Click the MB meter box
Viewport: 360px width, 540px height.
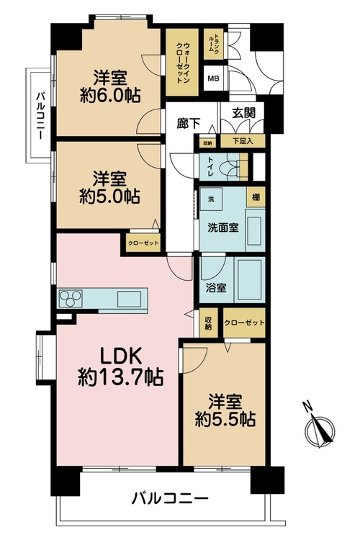point(213,78)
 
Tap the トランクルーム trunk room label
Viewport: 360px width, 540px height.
point(214,45)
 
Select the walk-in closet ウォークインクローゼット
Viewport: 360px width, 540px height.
point(182,63)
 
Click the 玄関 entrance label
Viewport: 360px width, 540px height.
point(243,112)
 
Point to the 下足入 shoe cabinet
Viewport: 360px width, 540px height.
point(243,141)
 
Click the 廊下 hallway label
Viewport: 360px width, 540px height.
point(189,123)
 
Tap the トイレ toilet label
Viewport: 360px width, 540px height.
point(210,167)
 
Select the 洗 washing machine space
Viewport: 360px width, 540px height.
point(211,199)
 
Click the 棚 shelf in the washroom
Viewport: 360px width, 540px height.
point(256,197)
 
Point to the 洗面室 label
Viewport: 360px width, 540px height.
point(223,228)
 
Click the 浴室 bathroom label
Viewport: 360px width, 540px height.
point(216,287)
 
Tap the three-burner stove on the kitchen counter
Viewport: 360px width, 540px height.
point(71,298)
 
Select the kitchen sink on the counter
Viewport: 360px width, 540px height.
point(129,299)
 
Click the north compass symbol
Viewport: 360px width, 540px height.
point(320,427)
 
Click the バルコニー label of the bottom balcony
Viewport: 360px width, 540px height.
point(170,498)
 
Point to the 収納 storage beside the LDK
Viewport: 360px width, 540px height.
point(208,323)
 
